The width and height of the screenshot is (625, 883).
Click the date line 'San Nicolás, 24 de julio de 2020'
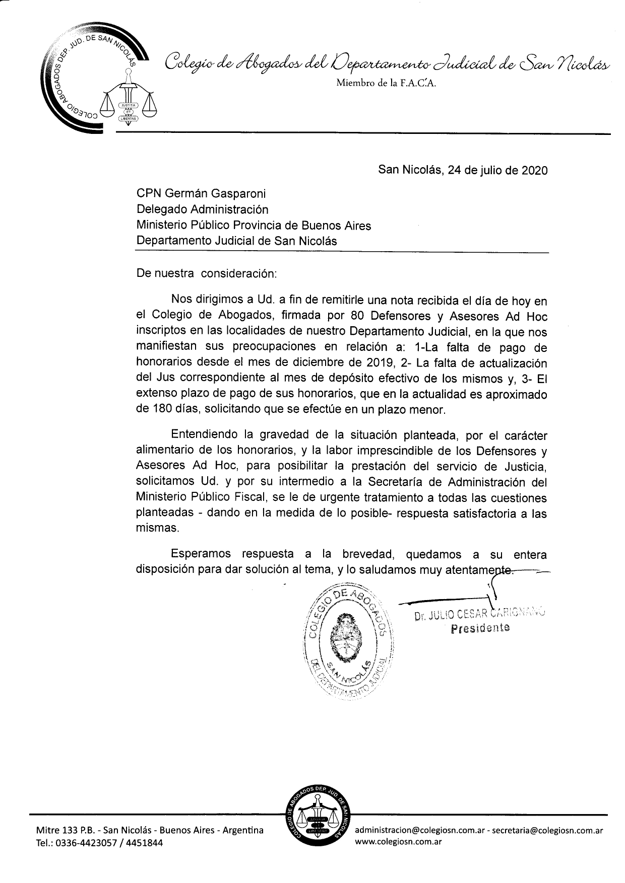pyautogui.click(x=462, y=170)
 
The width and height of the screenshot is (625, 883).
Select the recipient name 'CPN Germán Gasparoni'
pyautogui.click(x=201, y=193)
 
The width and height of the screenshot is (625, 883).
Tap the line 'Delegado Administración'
pyautogui.click(x=202, y=209)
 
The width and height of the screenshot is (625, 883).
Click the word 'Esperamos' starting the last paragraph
pyautogui.click(x=201, y=554)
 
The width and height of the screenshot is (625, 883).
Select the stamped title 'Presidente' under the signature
pyautogui.click(x=480, y=628)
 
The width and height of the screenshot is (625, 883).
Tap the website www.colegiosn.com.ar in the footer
pyautogui.click(x=398, y=841)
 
